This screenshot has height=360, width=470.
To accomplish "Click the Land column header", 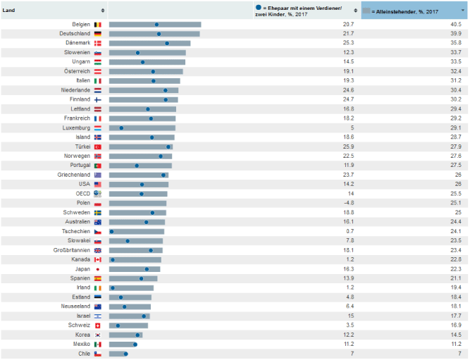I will click(10, 11).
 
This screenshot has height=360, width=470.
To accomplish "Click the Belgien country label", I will click(77, 24).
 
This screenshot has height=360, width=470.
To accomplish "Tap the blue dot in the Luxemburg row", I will click(121, 128).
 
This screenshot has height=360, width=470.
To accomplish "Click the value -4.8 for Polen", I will click(348, 203).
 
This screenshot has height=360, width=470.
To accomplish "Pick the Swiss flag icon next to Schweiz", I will click(98, 325).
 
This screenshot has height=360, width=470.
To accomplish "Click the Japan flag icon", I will click(98, 269).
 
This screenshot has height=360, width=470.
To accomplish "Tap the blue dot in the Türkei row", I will click(168, 147).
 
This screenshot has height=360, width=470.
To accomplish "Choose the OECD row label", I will click(82, 193).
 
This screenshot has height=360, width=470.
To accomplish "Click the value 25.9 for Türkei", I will click(348, 146).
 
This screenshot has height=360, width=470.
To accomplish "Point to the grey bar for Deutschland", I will click(154, 34).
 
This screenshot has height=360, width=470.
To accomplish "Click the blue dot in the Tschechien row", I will click(111, 231).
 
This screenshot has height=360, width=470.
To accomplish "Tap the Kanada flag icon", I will click(98, 259).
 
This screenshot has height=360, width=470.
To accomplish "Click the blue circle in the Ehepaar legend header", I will click(259, 8).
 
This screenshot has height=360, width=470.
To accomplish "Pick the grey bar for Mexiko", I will click(125, 345).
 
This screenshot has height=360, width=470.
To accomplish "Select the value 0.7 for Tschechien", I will click(350, 231).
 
